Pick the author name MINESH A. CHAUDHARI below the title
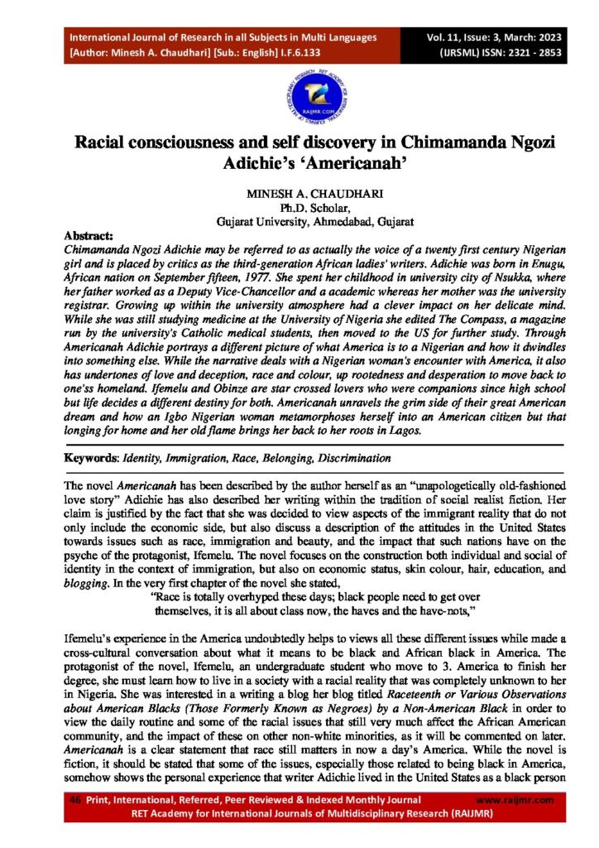point(299,193)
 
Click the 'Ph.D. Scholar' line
point(299,207)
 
